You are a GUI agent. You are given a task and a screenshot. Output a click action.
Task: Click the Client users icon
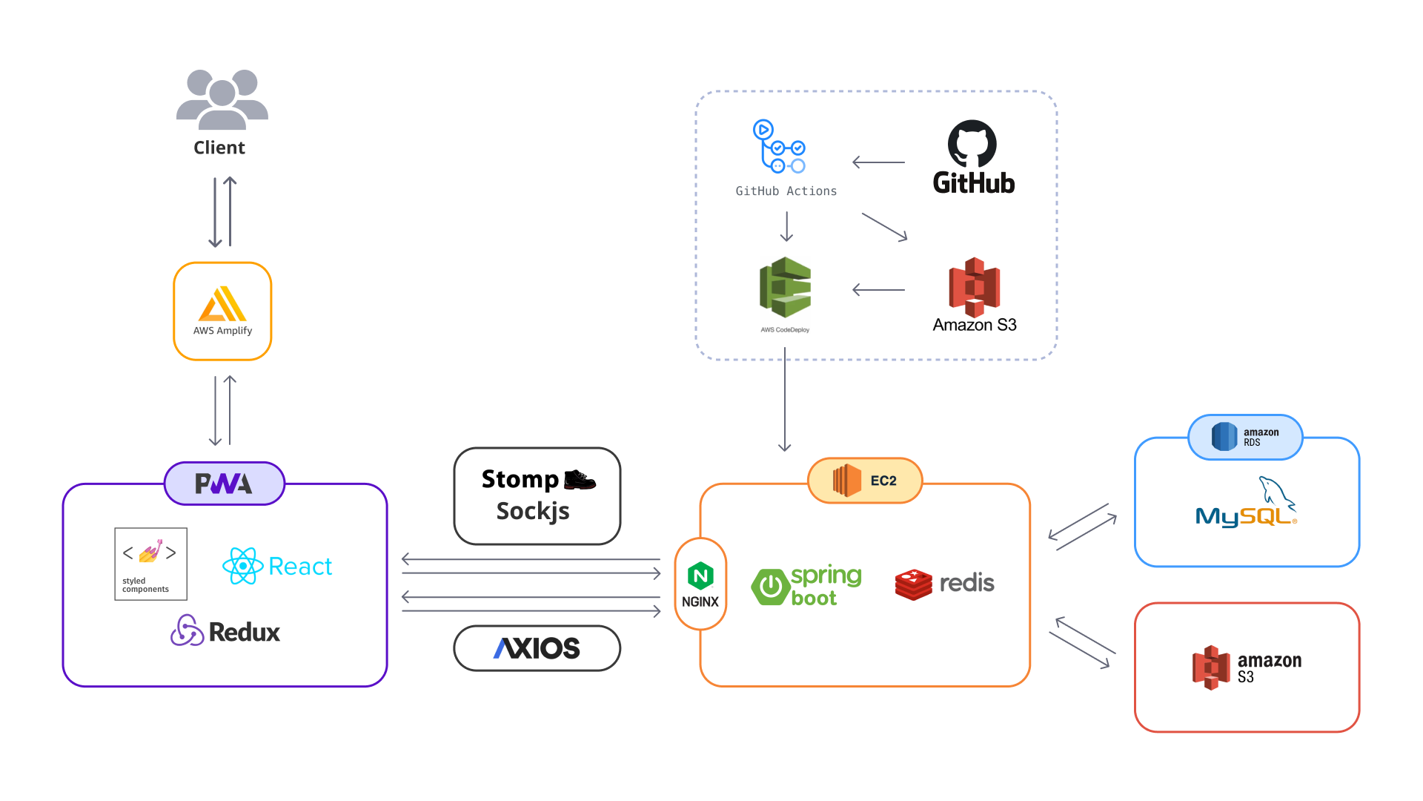click(x=222, y=100)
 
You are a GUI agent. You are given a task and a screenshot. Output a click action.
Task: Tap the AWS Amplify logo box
click(x=222, y=311)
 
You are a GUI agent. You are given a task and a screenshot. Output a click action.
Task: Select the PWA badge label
click(x=224, y=484)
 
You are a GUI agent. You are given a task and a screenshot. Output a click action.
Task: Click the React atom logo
click(x=243, y=566)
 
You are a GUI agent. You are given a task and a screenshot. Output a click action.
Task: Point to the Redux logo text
click(x=244, y=632)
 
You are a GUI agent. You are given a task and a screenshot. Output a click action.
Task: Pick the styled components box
click(x=151, y=564)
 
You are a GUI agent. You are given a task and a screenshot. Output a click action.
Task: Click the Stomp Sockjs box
click(x=537, y=495)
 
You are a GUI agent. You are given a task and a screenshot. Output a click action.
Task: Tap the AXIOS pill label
click(x=537, y=648)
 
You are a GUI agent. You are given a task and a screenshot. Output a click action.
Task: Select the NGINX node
click(x=700, y=584)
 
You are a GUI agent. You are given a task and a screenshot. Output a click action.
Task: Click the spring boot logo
click(x=806, y=586)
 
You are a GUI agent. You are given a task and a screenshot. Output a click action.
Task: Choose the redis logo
click(x=945, y=584)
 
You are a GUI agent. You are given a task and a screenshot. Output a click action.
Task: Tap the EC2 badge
click(x=865, y=481)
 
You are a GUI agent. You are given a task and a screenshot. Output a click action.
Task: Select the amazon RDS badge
click(x=1245, y=437)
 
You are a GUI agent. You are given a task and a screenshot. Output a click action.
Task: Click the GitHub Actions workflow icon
click(x=779, y=147)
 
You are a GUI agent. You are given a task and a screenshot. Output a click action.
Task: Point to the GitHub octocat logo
click(x=972, y=144)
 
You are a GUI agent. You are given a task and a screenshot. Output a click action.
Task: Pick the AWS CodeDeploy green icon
click(x=785, y=287)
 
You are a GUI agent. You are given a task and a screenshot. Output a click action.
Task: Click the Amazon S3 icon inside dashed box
click(x=975, y=287)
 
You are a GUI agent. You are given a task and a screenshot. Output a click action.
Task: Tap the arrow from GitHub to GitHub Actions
click(x=878, y=162)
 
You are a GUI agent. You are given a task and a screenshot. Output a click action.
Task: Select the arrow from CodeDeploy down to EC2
click(x=785, y=400)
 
